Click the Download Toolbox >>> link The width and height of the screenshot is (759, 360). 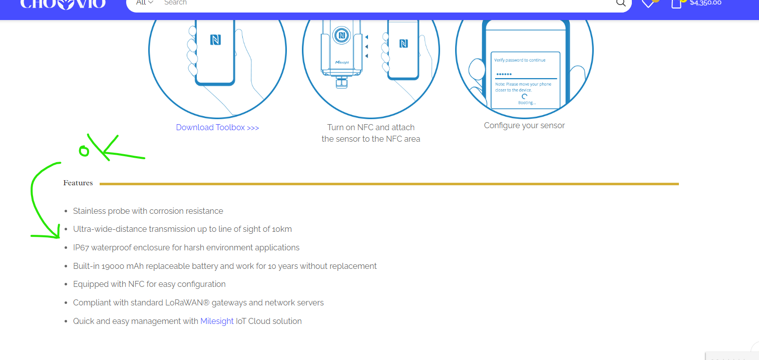217,128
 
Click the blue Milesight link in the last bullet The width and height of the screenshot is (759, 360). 217,321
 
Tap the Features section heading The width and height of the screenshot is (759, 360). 78,183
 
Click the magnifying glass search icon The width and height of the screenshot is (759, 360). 621,3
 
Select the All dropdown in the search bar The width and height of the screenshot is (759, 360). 144,3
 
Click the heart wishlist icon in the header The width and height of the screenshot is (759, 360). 648,4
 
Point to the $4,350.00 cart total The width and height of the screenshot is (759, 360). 705,3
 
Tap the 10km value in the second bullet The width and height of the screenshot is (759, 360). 282,229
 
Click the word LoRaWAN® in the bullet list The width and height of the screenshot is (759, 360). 187,303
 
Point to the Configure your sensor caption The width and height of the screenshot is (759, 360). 524,126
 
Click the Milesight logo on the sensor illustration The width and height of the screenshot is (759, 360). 342,63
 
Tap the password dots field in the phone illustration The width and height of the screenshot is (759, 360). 525,74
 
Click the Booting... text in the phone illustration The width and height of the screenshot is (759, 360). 527,103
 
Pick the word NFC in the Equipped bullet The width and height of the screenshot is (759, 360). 136,284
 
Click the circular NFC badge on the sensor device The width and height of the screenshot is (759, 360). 341,35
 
